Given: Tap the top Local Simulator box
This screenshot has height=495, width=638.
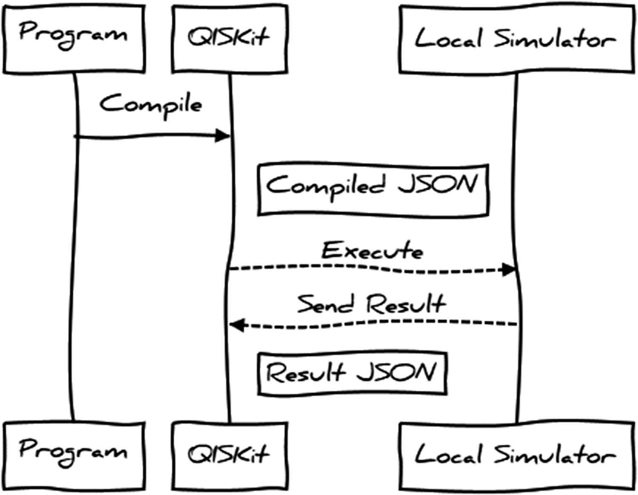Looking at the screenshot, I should (516, 39).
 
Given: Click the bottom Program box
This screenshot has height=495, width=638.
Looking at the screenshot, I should (74, 455).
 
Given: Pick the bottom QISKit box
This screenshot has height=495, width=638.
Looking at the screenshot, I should (229, 455).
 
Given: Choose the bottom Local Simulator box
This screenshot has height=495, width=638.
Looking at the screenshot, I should (516, 455).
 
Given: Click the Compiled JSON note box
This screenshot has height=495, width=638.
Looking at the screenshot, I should (373, 189).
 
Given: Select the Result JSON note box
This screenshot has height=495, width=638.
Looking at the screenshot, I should (352, 373).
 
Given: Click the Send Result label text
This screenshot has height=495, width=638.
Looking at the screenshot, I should (371, 304).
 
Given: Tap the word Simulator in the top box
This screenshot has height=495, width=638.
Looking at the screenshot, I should (554, 39).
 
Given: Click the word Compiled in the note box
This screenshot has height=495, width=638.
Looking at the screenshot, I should (325, 186).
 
